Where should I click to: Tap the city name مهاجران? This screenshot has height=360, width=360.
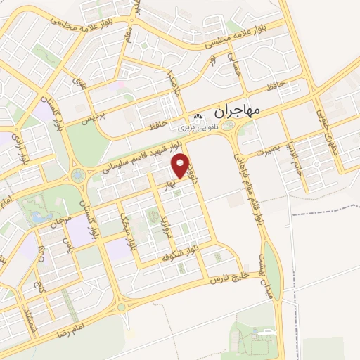click(235, 110)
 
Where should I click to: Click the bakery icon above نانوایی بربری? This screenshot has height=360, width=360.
click(198, 117)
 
